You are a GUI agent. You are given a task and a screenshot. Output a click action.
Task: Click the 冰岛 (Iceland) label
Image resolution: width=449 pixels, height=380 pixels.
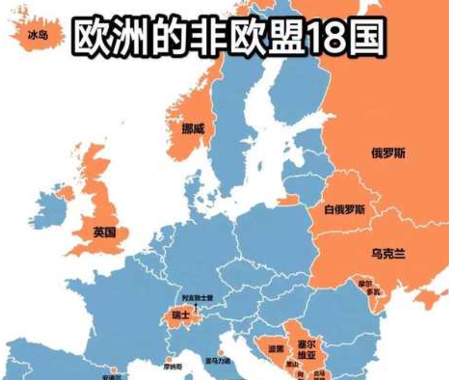point(38,35)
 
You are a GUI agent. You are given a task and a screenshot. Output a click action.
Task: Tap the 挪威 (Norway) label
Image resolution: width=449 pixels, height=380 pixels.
point(193,129)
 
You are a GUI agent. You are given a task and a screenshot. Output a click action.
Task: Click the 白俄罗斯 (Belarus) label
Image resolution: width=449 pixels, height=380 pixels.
point(345,210)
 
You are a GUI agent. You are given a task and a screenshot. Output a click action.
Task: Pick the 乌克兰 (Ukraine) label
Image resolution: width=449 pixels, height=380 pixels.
point(388,254)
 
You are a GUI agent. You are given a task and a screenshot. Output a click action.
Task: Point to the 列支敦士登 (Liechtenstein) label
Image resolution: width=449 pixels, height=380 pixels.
point(198,297)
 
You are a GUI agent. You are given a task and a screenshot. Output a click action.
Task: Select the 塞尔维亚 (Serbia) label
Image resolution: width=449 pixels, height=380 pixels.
point(307,349)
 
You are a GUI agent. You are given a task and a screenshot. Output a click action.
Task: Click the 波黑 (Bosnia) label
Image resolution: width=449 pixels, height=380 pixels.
point(276,349)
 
